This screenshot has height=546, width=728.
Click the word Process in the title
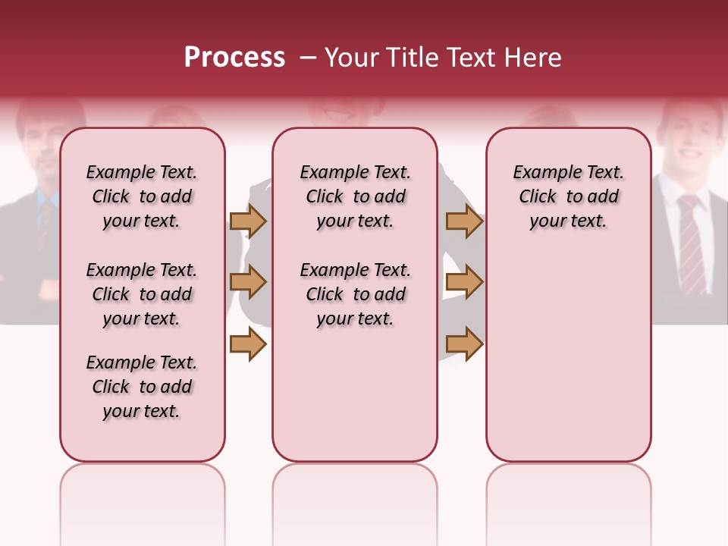point(234,58)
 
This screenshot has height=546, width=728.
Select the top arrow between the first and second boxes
point(248,221)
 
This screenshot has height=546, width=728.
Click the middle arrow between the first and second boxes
point(248,282)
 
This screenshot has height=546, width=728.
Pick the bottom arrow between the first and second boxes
point(248,344)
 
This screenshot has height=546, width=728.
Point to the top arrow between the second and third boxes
point(464,221)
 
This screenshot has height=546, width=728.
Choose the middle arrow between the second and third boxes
point(464,282)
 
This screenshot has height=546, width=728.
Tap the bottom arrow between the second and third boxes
point(464,344)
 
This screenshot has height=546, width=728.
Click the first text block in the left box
point(142,196)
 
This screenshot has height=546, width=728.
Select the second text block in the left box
point(142,294)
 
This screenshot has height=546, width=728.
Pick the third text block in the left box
point(142,387)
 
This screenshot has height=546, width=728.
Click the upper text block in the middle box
point(355,196)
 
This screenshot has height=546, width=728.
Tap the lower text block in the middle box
point(355,294)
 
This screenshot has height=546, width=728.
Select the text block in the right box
point(568,196)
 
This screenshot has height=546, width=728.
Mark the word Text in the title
point(466,58)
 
